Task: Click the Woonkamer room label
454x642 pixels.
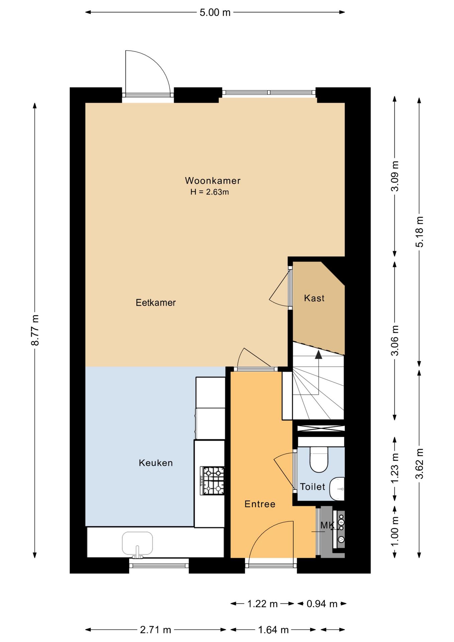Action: [213, 181]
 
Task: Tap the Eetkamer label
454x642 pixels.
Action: [156, 303]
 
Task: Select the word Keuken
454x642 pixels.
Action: [156, 463]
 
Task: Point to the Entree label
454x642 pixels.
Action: [260, 504]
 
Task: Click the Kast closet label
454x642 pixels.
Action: [314, 298]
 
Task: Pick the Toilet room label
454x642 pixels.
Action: [313, 487]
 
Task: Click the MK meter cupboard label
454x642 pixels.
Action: [327, 525]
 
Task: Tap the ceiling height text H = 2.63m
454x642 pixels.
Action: [210, 192]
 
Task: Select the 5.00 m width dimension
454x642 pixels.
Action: [215, 12]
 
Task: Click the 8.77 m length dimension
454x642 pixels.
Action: [35, 330]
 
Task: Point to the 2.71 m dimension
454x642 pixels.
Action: [155, 630]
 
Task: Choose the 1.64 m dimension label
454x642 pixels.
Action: [273, 630]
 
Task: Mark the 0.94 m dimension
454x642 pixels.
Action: [322, 604]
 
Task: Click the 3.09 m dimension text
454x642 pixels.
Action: [395, 176]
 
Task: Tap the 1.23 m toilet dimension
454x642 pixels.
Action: [395, 468]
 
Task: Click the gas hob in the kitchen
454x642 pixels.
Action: [212, 481]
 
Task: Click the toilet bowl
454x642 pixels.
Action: [319, 459]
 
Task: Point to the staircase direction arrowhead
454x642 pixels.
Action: [319, 354]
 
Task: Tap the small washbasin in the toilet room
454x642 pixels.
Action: [337, 489]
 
